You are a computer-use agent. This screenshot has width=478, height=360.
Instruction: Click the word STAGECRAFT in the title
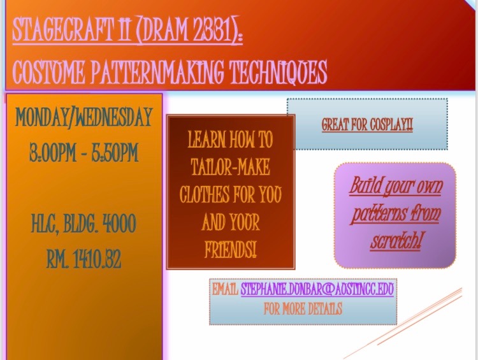62,30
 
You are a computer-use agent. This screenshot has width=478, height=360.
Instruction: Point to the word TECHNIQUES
278,72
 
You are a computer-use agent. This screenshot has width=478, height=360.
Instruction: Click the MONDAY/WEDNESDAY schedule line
83,117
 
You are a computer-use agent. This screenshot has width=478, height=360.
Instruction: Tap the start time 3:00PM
53,152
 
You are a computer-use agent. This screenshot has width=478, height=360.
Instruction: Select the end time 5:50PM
115,152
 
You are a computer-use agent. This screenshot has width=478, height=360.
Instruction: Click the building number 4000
119,224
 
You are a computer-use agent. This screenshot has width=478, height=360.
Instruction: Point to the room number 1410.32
97,259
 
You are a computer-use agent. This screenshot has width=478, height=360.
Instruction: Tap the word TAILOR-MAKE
231,167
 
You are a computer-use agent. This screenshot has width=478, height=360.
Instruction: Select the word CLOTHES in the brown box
205,194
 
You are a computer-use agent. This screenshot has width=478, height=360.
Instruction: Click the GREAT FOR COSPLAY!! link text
367,124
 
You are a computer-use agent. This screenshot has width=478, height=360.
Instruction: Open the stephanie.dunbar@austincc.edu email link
317,289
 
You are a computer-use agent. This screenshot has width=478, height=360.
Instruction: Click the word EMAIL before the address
225,289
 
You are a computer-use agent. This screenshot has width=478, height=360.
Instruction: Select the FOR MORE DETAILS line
303,309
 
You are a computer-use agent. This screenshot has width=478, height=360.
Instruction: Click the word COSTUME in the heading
48,72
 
